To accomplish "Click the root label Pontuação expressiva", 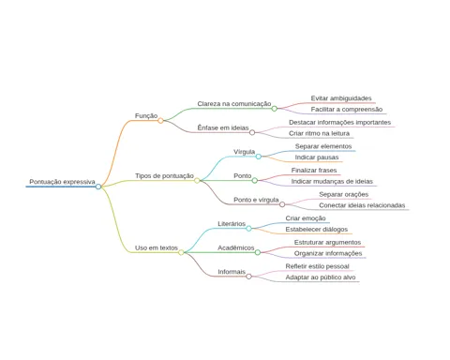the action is coord(62,182).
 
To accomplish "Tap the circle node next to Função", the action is coord(160,121).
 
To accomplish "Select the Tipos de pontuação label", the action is coord(164,176).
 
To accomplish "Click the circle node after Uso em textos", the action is coord(181,252).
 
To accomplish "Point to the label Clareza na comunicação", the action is coord(234,104).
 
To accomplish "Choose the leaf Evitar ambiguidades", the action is coord(341,98).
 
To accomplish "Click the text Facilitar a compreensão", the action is coord(347,110).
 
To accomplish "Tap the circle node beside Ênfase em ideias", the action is coord(252,132).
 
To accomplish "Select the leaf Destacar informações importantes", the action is coord(339,123).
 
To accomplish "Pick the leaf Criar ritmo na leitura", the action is coord(319,133).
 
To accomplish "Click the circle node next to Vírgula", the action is coord(259,157).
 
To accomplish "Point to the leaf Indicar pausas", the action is coord(317,157).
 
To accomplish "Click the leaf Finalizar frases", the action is coord(314,171).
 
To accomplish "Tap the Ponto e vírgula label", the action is coord(256,200).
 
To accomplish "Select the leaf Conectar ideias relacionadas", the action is coord(362,205).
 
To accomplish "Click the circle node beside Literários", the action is coord(248,229).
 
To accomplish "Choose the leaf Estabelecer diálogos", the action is coord(317,230).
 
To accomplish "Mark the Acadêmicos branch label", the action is coord(236,247).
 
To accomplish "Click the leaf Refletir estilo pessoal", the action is coord(317,266).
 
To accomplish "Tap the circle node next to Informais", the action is coord(248,277).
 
